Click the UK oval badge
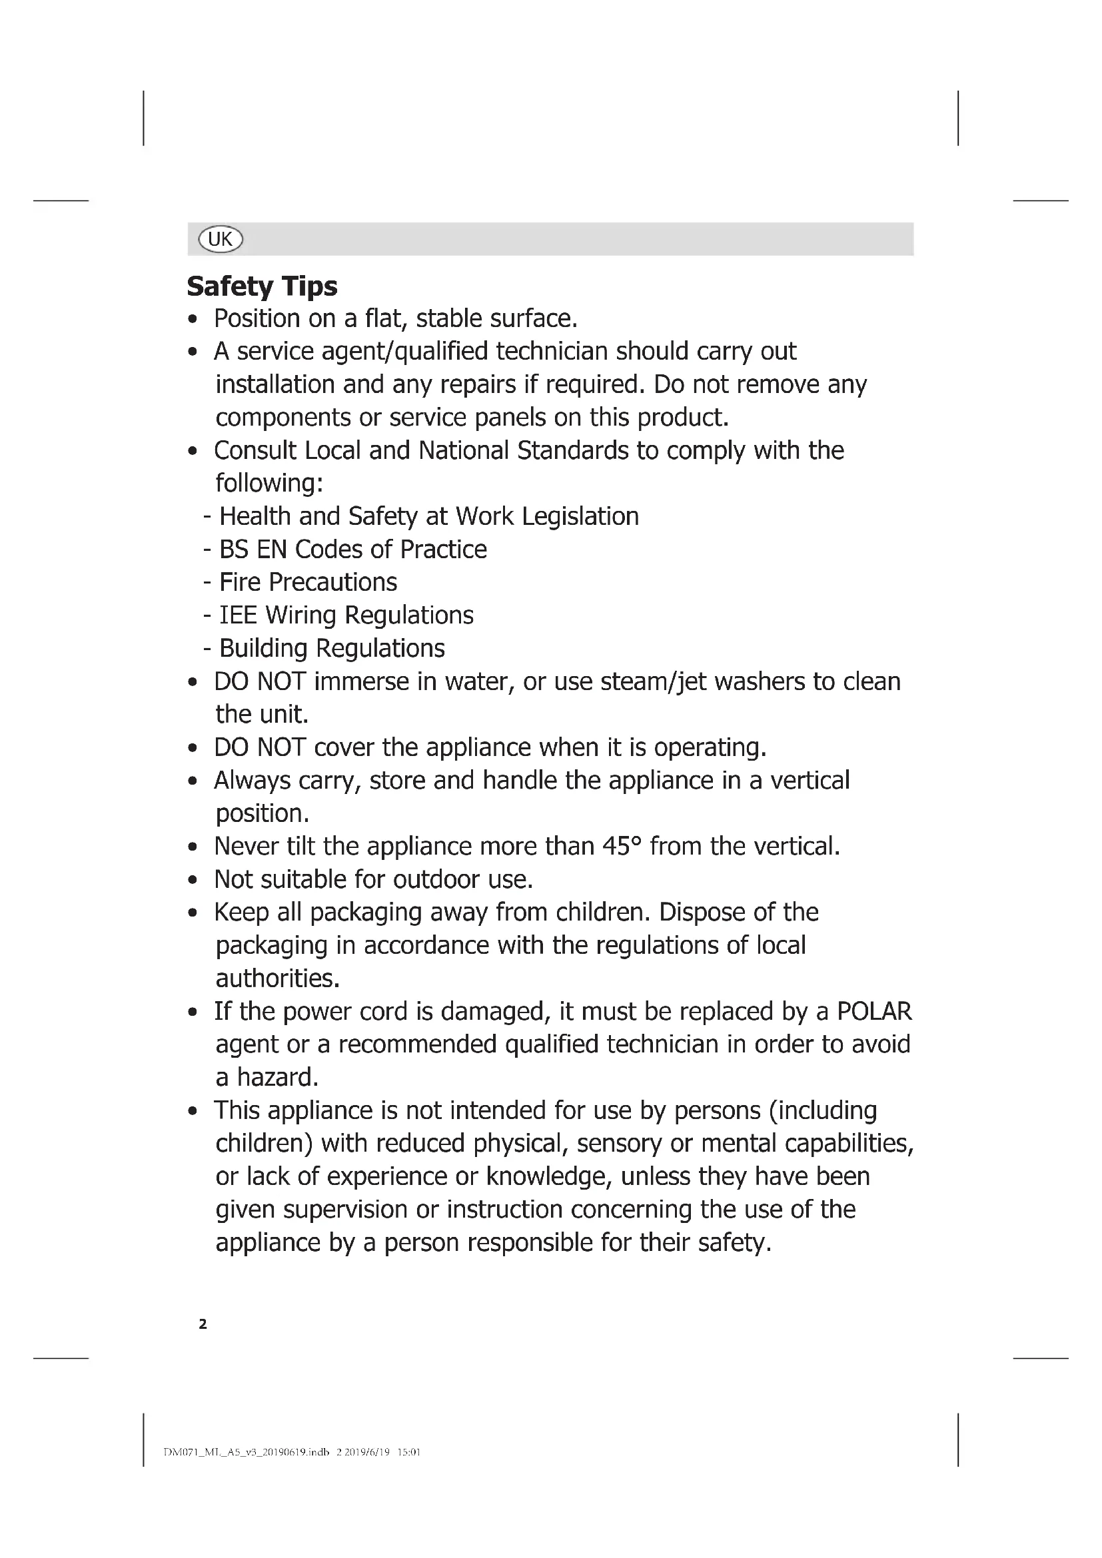click(220, 239)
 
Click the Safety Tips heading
click(262, 286)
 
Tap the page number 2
click(203, 1324)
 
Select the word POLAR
click(874, 1011)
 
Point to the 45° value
click(622, 846)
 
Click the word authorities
click(277, 978)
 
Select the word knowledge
click(549, 1176)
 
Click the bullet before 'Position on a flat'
click(193, 320)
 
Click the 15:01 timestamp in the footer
click(408, 1452)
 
